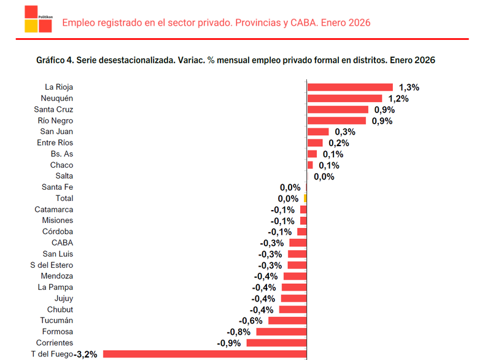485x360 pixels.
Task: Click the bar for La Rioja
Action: [x=349, y=87]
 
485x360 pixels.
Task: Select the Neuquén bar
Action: [x=344, y=98]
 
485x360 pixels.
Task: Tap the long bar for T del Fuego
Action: [x=205, y=354]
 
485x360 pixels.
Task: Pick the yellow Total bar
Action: [x=305, y=198]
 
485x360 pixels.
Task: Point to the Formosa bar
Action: [x=281, y=332]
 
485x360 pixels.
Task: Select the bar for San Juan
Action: [x=318, y=131]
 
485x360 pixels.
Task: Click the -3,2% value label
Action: [x=86, y=354]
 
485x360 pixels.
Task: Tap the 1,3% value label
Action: [x=409, y=87]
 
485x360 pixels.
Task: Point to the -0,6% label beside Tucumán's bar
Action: [x=250, y=321]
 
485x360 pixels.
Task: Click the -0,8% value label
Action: [x=238, y=332]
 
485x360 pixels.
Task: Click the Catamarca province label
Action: [x=54, y=209]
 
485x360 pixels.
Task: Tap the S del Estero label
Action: [x=52, y=265]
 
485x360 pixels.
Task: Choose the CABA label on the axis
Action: [x=63, y=243]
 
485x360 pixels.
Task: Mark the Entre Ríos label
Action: [x=55, y=143]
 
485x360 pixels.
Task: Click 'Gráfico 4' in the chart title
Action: [x=55, y=60]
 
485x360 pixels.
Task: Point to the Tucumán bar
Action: [x=287, y=321]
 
